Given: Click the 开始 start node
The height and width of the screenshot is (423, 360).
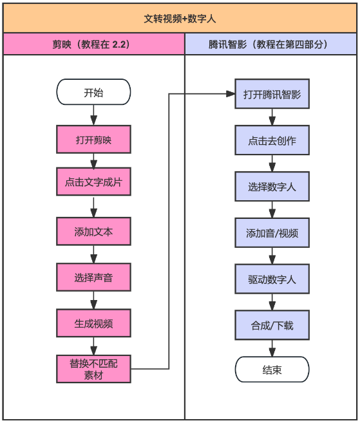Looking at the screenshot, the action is pos(93,92).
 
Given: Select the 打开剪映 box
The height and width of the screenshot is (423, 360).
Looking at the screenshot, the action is pos(93,139).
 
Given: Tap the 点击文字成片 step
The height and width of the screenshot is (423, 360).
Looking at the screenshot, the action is pos(93,182).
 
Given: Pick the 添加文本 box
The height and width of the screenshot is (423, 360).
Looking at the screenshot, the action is pos(93,232).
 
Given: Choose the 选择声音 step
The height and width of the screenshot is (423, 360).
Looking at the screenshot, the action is pos(93,277).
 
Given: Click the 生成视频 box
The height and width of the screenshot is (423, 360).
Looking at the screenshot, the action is pos(93,323).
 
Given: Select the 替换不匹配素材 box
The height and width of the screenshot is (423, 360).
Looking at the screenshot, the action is pos(93,369).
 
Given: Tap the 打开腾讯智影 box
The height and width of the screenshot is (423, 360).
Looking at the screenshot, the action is pos(272,94).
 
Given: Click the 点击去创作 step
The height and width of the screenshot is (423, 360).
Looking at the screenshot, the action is pos(272,140).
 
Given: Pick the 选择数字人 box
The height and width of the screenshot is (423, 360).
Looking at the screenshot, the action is pos(272,187).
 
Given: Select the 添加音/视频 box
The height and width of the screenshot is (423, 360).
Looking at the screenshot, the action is pos(272,233).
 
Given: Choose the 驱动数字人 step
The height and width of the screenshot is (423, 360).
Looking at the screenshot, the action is pos(272,279).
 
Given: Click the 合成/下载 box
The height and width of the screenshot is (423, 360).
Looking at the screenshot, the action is pos(272,325).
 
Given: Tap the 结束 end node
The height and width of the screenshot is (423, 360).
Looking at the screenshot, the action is pos(272,370).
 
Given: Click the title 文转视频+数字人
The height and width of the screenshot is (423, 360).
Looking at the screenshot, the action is pos(180,19).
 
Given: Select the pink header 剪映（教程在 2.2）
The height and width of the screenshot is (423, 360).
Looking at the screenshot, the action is pos(91,44).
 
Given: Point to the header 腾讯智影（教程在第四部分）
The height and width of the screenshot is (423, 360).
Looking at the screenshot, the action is pos(268,44).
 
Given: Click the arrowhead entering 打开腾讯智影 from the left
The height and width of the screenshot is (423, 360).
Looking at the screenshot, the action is pos(231,94).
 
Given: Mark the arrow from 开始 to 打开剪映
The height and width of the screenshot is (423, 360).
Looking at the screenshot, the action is pos(93,115).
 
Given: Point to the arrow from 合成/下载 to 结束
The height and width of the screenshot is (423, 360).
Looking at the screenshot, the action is pos(272,348).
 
